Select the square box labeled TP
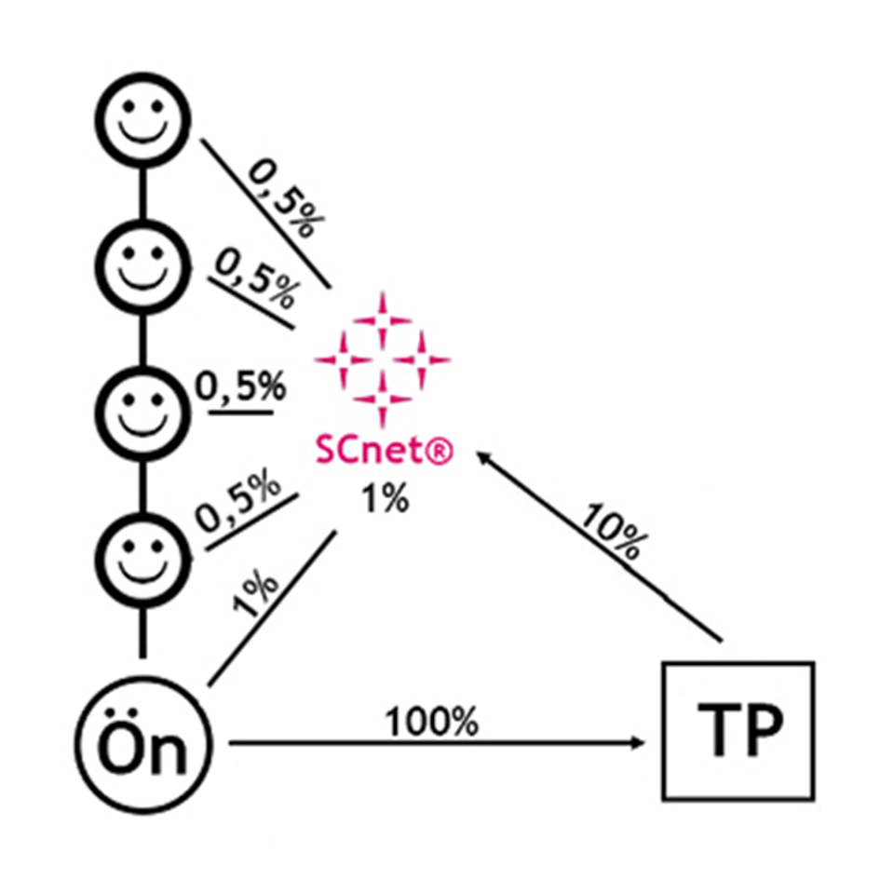[738, 730]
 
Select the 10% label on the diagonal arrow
[612, 532]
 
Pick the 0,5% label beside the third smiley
[240, 387]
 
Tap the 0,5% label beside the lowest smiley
[239, 503]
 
